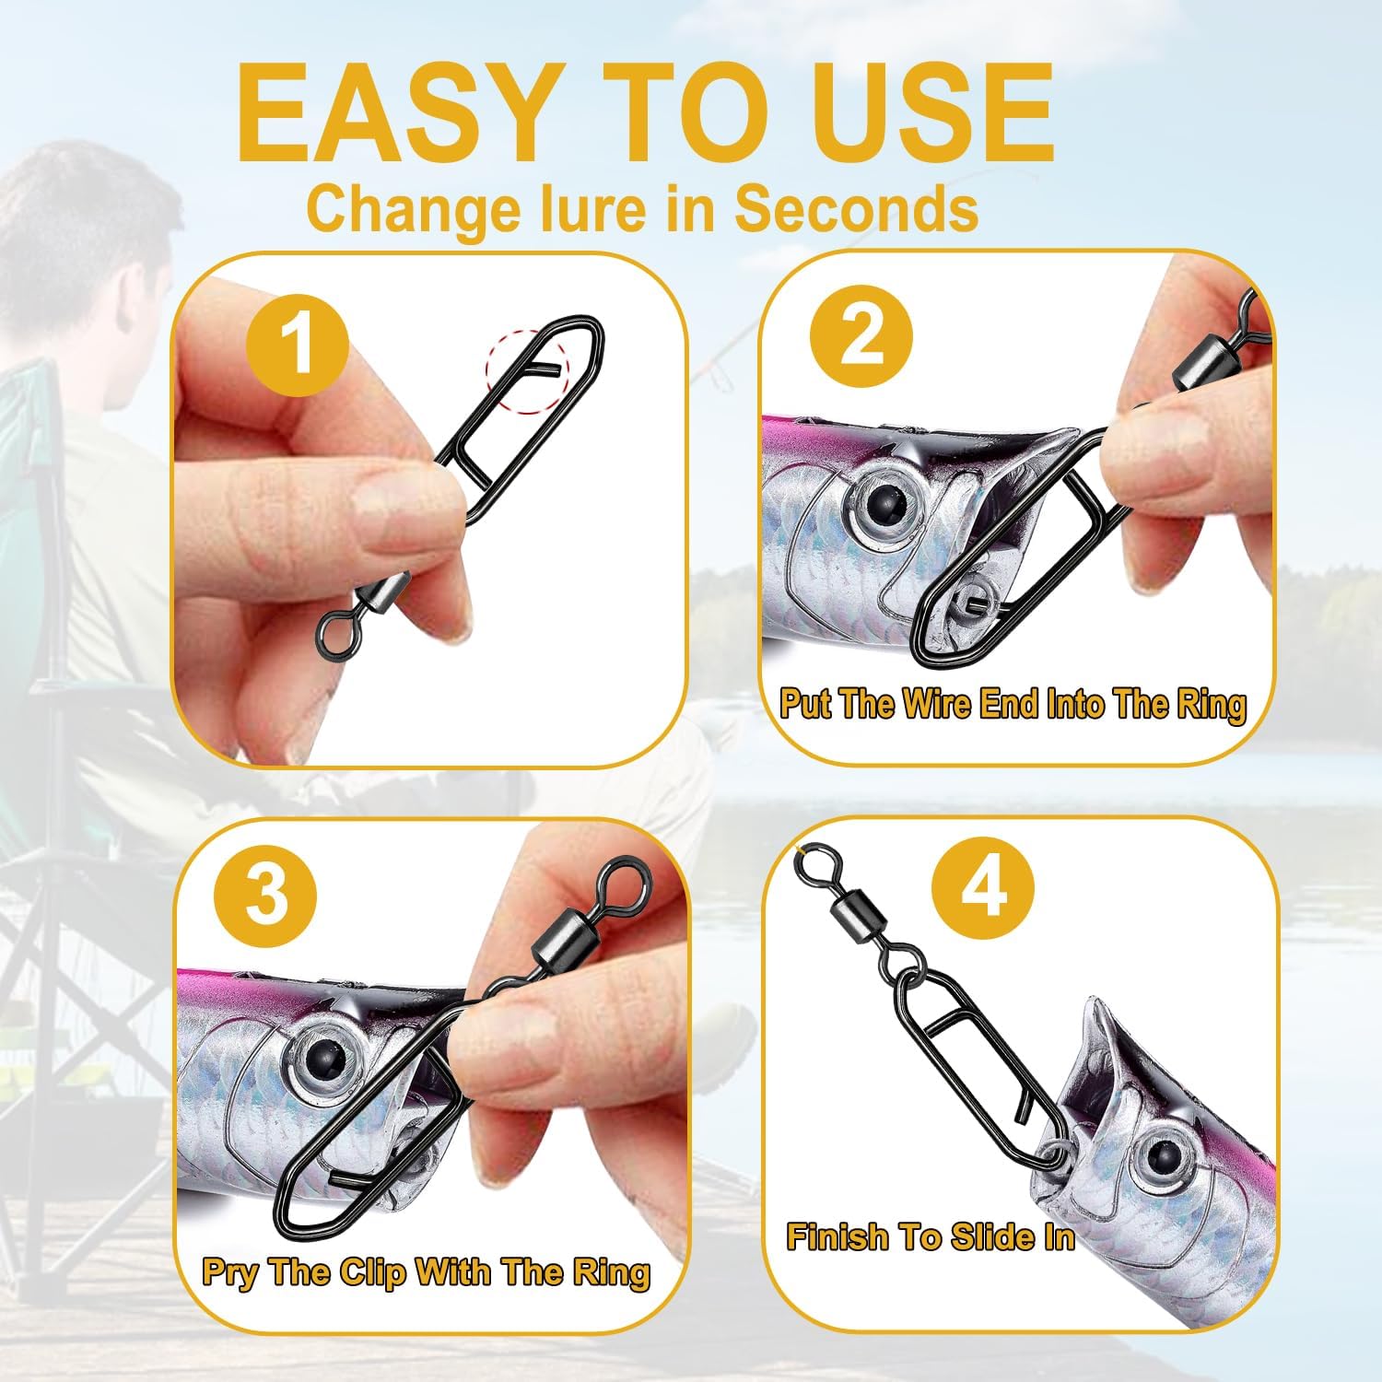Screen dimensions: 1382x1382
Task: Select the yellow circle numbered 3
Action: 266,896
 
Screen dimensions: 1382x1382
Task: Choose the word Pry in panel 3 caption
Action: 230,1273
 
